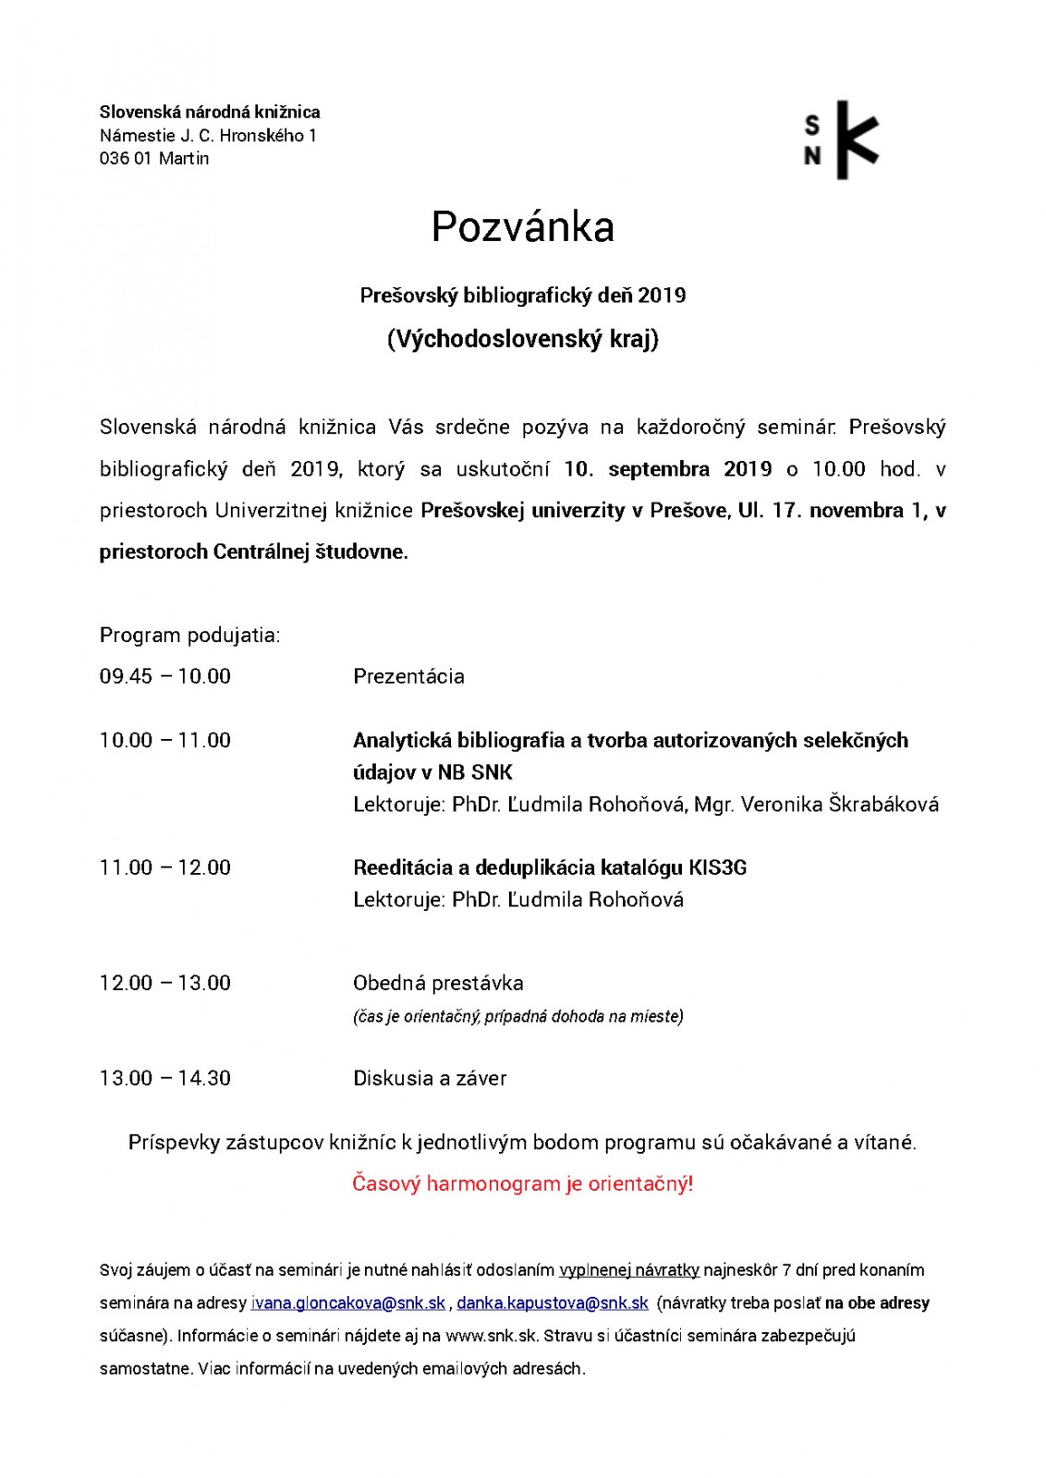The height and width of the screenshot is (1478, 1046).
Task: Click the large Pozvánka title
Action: (522, 227)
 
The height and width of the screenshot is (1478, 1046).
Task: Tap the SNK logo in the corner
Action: (841, 140)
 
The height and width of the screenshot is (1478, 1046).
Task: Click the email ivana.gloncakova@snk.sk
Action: (348, 1302)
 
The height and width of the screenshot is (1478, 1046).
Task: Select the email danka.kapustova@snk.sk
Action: (553, 1302)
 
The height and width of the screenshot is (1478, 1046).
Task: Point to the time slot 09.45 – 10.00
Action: (165, 676)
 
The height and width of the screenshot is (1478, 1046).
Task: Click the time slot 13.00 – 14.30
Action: (165, 1078)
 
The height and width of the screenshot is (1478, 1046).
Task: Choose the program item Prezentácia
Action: (408, 676)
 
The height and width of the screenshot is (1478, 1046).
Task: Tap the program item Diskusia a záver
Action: (430, 1078)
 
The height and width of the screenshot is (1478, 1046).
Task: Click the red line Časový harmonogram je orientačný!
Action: (522, 1183)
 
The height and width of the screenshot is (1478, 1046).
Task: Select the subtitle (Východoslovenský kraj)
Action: (522, 339)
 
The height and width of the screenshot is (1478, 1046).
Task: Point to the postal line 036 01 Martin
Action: (154, 159)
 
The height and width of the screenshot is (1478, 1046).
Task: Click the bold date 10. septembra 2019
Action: (667, 469)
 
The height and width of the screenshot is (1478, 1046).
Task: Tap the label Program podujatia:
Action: (189, 636)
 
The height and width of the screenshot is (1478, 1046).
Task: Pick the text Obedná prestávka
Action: (438, 983)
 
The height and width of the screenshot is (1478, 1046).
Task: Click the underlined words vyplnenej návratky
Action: (629, 1270)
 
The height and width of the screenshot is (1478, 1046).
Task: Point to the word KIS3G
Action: (718, 867)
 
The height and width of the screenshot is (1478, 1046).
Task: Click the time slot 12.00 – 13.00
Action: (165, 983)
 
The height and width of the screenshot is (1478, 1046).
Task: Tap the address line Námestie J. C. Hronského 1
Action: (208, 136)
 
